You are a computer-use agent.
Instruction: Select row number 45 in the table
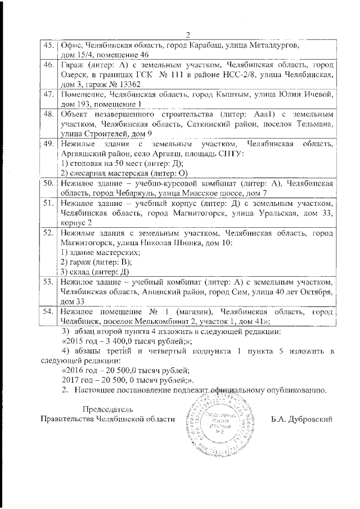(x=48, y=44)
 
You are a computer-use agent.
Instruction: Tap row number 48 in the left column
(x=48, y=114)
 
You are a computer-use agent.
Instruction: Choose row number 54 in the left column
(x=48, y=312)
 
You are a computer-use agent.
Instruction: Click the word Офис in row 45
(x=71, y=44)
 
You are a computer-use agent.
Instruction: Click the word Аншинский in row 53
(x=156, y=292)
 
